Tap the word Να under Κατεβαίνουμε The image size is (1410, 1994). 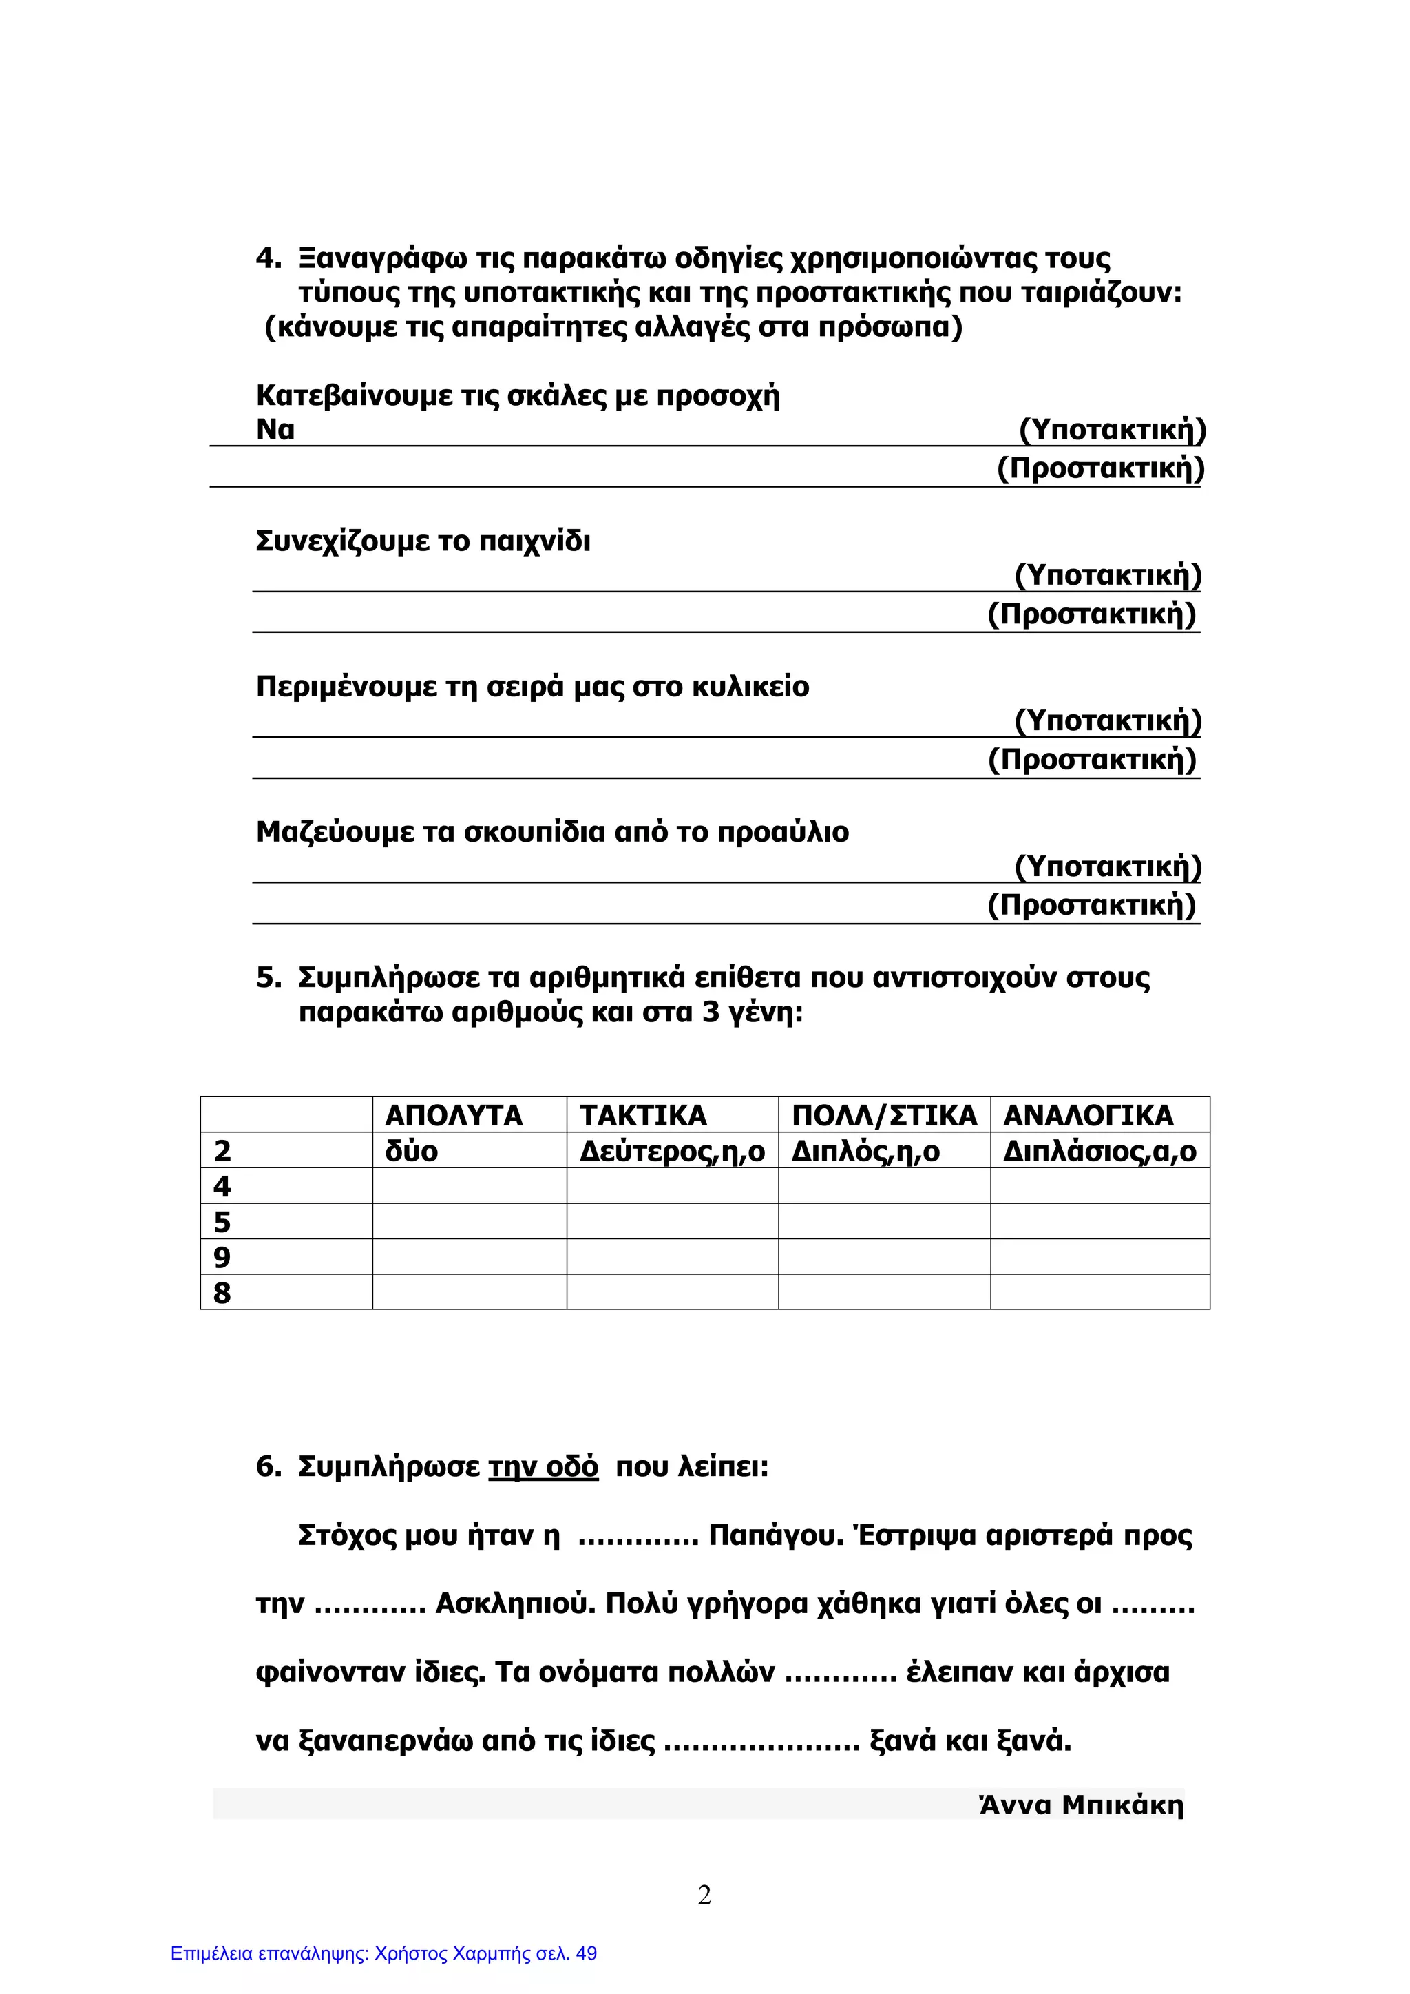275,430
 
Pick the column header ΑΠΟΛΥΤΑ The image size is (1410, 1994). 453,1115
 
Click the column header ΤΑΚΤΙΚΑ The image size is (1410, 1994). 642,1115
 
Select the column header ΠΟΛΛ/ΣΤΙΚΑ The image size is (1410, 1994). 884,1115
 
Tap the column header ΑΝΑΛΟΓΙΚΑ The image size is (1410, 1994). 1088,1115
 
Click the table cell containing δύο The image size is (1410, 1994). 412,1152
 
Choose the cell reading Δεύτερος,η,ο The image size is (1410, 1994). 672,1152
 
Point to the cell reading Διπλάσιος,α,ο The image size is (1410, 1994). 1099,1152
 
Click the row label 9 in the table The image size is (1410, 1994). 222,1257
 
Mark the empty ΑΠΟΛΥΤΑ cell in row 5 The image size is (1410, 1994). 469,1221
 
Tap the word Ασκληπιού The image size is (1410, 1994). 515,1603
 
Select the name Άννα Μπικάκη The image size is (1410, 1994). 1081,1805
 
